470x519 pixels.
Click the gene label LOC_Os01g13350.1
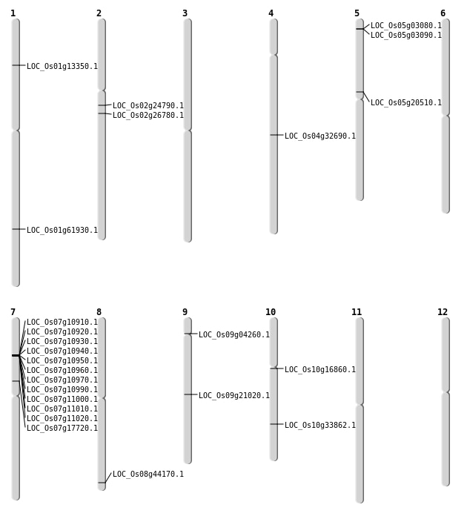(x=62, y=67)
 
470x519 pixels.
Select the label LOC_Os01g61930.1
(x=62, y=231)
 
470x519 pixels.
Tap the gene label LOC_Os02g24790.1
(x=148, y=106)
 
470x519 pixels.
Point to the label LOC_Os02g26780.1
(x=148, y=116)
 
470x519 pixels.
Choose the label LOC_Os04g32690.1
(x=320, y=136)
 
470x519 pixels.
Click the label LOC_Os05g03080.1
(x=406, y=26)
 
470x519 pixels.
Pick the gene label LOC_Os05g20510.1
(x=406, y=103)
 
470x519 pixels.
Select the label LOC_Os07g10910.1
(x=62, y=323)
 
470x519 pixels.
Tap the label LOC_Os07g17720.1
(x=62, y=429)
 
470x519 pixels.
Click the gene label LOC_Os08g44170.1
(x=148, y=475)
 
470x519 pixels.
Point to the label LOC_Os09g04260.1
(x=234, y=335)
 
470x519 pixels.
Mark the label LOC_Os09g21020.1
(x=234, y=396)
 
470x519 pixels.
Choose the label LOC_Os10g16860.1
(x=320, y=370)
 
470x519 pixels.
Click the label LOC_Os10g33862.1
(x=320, y=426)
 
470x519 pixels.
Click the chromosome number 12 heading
(x=443, y=312)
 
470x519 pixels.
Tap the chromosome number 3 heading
(x=185, y=13)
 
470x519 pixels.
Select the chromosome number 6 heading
(x=443, y=13)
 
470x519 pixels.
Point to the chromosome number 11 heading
(x=357, y=312)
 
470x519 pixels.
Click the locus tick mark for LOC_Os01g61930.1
(x=16, y=229)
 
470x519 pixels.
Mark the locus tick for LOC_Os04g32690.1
(x=274, y=135)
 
